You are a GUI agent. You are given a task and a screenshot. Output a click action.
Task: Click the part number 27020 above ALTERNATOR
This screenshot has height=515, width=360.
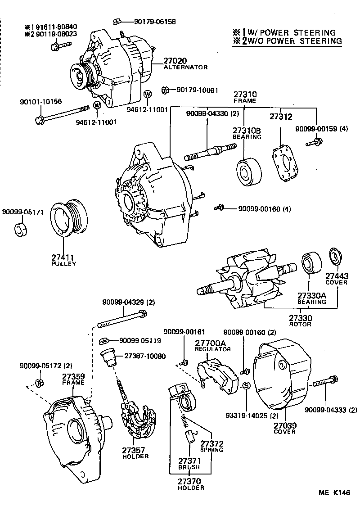tap(175, 60)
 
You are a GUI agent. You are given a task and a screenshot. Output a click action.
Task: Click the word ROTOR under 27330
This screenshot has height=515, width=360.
tap(300, 324)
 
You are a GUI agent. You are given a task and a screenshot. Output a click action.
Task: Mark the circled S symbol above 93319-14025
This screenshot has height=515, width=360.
tap(246, 386)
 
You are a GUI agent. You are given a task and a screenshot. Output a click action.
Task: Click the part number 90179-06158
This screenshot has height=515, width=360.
tap(154, 22)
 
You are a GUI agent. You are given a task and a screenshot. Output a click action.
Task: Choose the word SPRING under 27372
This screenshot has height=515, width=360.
tap(211, 450)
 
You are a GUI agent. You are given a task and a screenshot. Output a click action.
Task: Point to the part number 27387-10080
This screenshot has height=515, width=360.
tap(144, 356)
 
